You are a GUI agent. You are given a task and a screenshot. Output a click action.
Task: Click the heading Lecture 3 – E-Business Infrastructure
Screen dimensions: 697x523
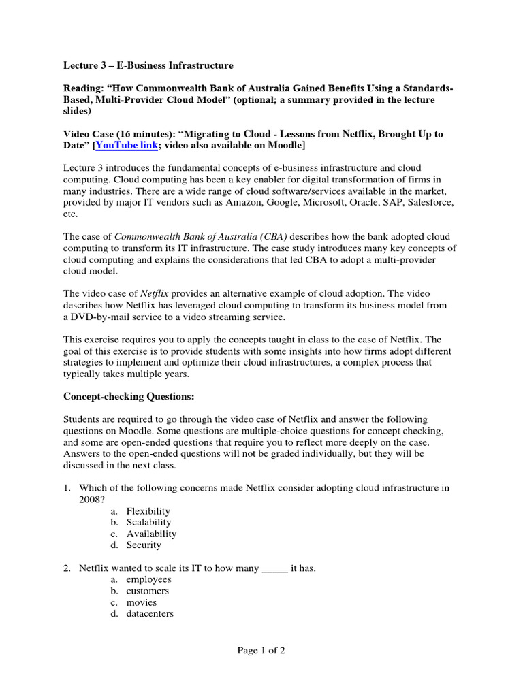point(148,65)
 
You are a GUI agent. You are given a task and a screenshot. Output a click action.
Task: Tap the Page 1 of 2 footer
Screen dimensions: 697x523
point(261,650)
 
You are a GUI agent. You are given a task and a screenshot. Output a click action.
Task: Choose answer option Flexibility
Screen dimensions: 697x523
point(148,510)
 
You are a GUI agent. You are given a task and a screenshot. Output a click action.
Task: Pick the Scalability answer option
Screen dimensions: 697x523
point(148,522)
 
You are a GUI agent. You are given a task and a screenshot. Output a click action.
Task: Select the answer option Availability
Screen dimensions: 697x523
point(151,534)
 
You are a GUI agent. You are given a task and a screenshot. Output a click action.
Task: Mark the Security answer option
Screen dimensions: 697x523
point(144,545)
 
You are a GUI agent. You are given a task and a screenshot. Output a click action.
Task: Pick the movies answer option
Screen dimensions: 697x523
point(142,602)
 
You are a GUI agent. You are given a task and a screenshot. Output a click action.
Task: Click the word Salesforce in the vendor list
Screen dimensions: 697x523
point(430,203)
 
